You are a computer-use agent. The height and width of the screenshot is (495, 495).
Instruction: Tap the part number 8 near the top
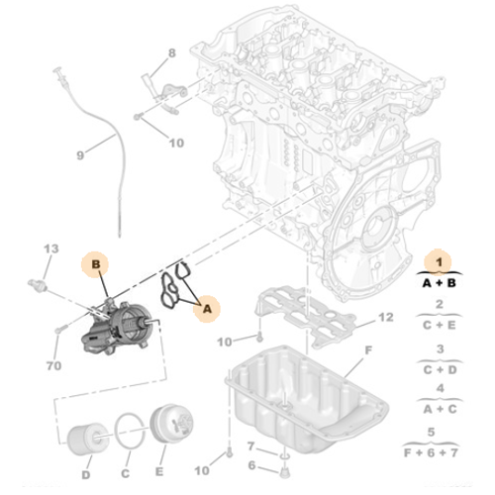coord(170,52)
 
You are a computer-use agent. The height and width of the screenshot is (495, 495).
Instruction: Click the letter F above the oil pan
coord(366,350)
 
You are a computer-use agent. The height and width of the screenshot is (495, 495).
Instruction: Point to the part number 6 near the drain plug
coord(250,465)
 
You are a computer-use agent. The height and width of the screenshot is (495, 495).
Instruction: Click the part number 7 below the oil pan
coord(250,445)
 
